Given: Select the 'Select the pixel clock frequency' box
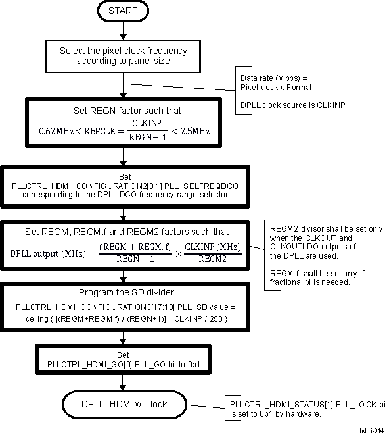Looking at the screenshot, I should pos(124,55).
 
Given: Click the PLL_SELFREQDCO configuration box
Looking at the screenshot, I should pos(124,186).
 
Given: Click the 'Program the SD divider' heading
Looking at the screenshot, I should pos(124,292).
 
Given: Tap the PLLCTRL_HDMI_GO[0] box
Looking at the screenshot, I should pos(124,359).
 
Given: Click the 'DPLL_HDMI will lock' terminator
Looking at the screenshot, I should pos(124,401).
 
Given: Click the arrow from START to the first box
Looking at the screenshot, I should pos(124,32).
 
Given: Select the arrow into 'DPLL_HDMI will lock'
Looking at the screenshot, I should pos(124,382).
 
